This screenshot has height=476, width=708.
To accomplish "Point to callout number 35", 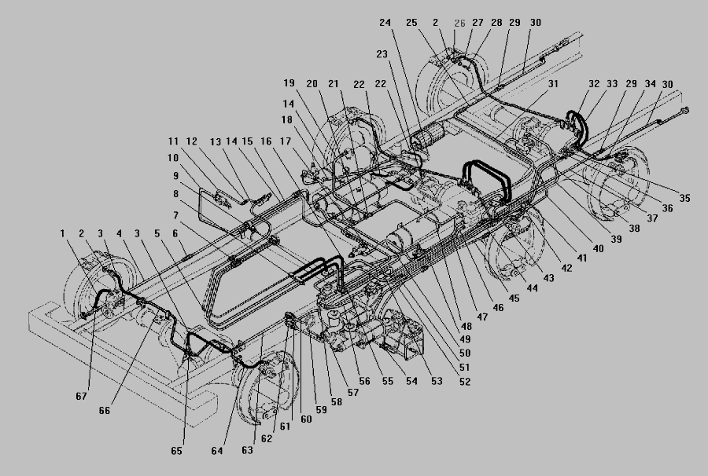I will (685, 198).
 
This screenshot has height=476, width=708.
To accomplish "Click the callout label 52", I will (466, 382).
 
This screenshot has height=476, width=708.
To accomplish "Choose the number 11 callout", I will (174, 141).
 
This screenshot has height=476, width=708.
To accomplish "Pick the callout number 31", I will (554, 83).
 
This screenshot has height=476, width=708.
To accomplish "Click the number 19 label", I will (289, 82).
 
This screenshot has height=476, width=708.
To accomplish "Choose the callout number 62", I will (267, 439).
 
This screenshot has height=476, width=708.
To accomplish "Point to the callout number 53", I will (437, 382).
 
